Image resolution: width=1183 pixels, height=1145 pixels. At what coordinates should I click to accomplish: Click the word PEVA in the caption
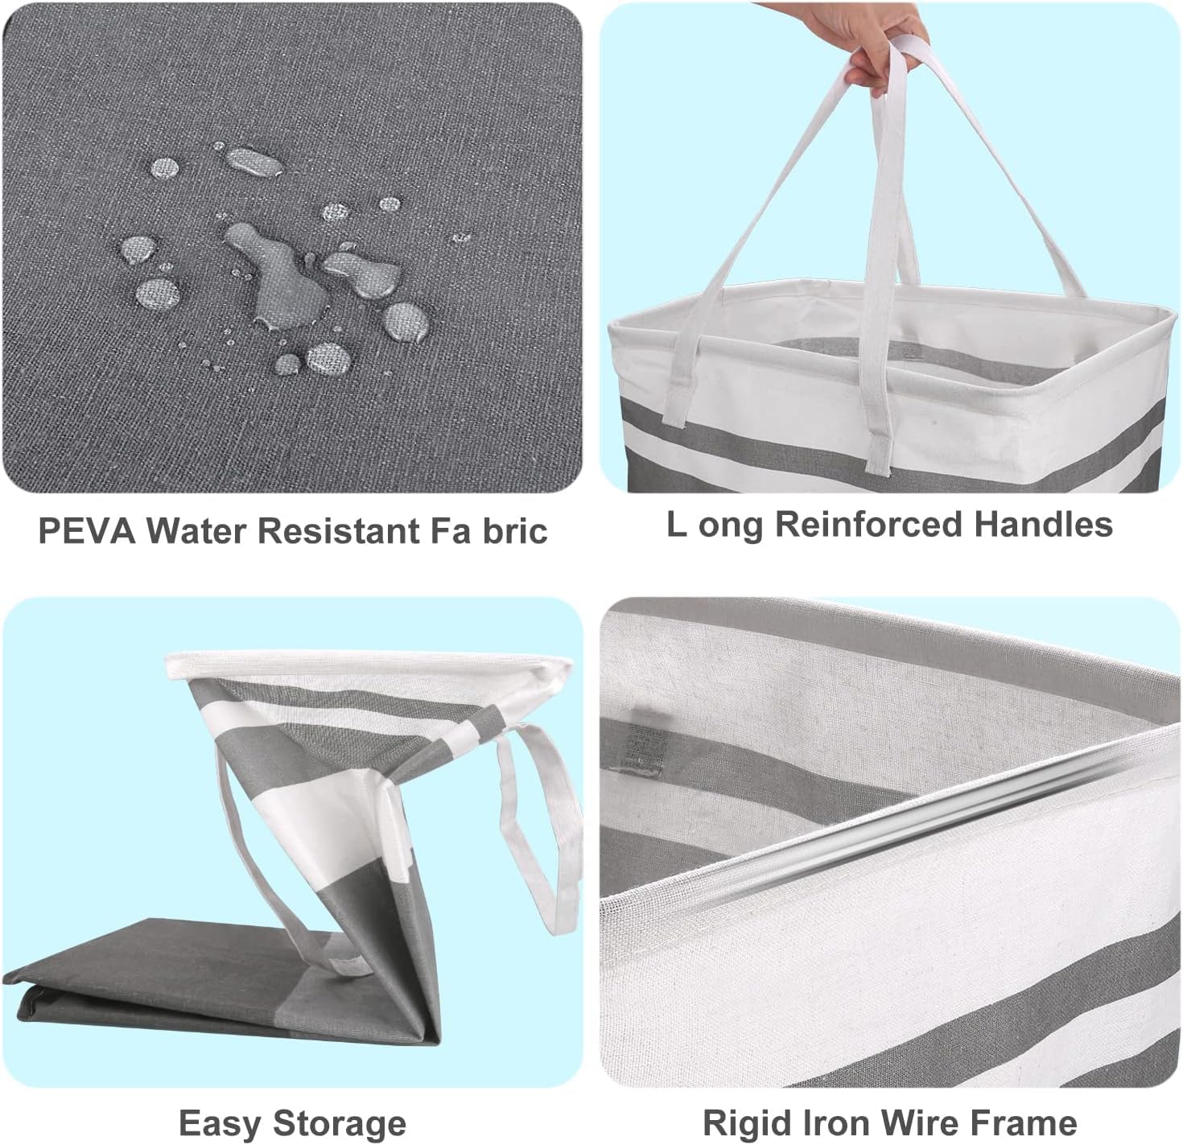(x=86, y=530)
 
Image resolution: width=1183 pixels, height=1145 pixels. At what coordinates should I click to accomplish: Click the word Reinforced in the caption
(x=868, y=524)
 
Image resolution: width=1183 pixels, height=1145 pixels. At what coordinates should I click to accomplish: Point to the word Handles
(x=1044, y=524)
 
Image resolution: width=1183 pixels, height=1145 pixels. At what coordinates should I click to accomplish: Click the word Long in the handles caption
(x=715, y=525)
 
